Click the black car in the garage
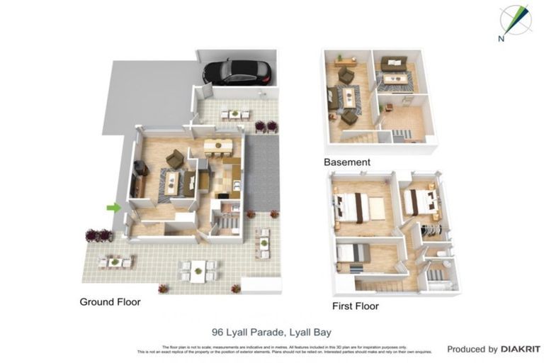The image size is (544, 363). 237,71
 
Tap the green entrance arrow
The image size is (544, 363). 113,207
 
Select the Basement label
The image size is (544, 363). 347,162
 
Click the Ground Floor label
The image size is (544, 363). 110,302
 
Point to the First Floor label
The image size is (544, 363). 356,306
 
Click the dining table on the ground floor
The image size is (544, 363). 218,147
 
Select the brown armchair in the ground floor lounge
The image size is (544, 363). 174,159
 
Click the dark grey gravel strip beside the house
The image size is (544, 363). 261,171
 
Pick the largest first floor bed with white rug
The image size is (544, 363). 358,208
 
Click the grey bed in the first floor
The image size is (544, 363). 353,253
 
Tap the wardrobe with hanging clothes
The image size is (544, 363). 431,230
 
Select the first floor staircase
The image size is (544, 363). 382,284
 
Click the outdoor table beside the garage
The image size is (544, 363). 234,113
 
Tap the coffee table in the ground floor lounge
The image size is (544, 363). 172,179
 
